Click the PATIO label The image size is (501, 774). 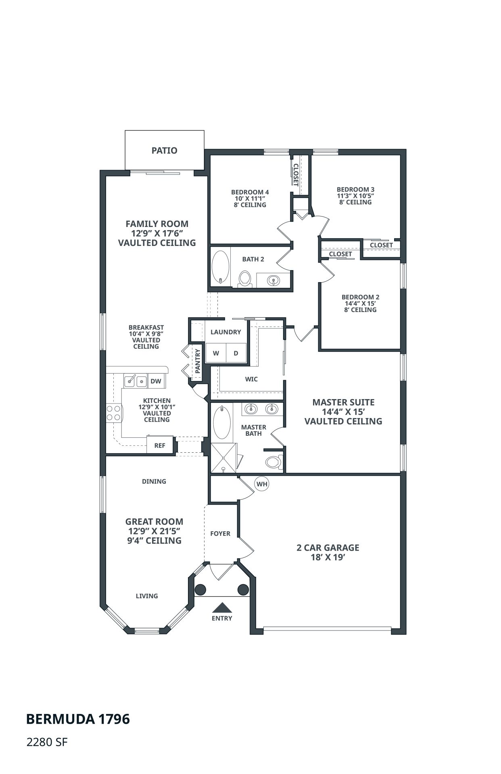pyautogui.click(x=164, y=150)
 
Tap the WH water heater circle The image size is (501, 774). pyautogui.click(x=262, y=484)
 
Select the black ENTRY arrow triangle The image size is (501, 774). pyautogui.click(x=221, y=608)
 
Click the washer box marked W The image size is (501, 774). pyautogui.click(x=216, y=353)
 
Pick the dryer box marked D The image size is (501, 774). pyautogui.click(x=236, y=353)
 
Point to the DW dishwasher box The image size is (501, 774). pyautogui.click(x=156, y=381)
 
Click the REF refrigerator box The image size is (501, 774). pyautogui.click(x=160, y=445)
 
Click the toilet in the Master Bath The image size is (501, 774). pyautogui.click(x=274, y=462)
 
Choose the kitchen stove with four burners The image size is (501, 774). pyautogui.click(x=114, y=413)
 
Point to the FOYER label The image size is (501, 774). pyautogui.click(x=220, y=533)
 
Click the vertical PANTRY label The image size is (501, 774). pyautogui.click(x=198, y=361)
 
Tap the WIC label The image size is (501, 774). pyautogui.click(x=251, y=379)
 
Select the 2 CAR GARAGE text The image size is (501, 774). pyautogui.click(x=328, y=547)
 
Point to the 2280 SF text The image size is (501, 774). pyautogui.click(x=46, y=742)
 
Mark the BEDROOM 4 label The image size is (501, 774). pyautogui.click(x=250, y=192)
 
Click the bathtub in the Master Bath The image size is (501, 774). pyautogui.click(x=221, y=422)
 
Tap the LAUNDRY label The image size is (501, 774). pyautogui.click(x=225, y=332)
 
